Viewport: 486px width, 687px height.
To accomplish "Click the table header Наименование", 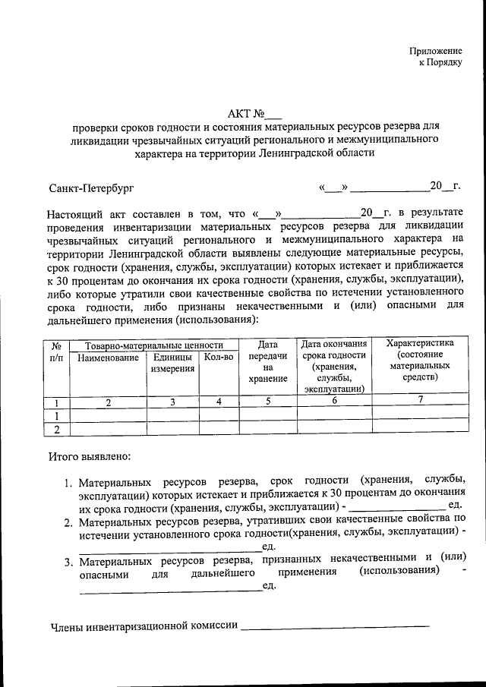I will tap(108, 357).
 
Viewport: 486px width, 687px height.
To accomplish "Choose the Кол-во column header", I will tap(219, 357).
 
